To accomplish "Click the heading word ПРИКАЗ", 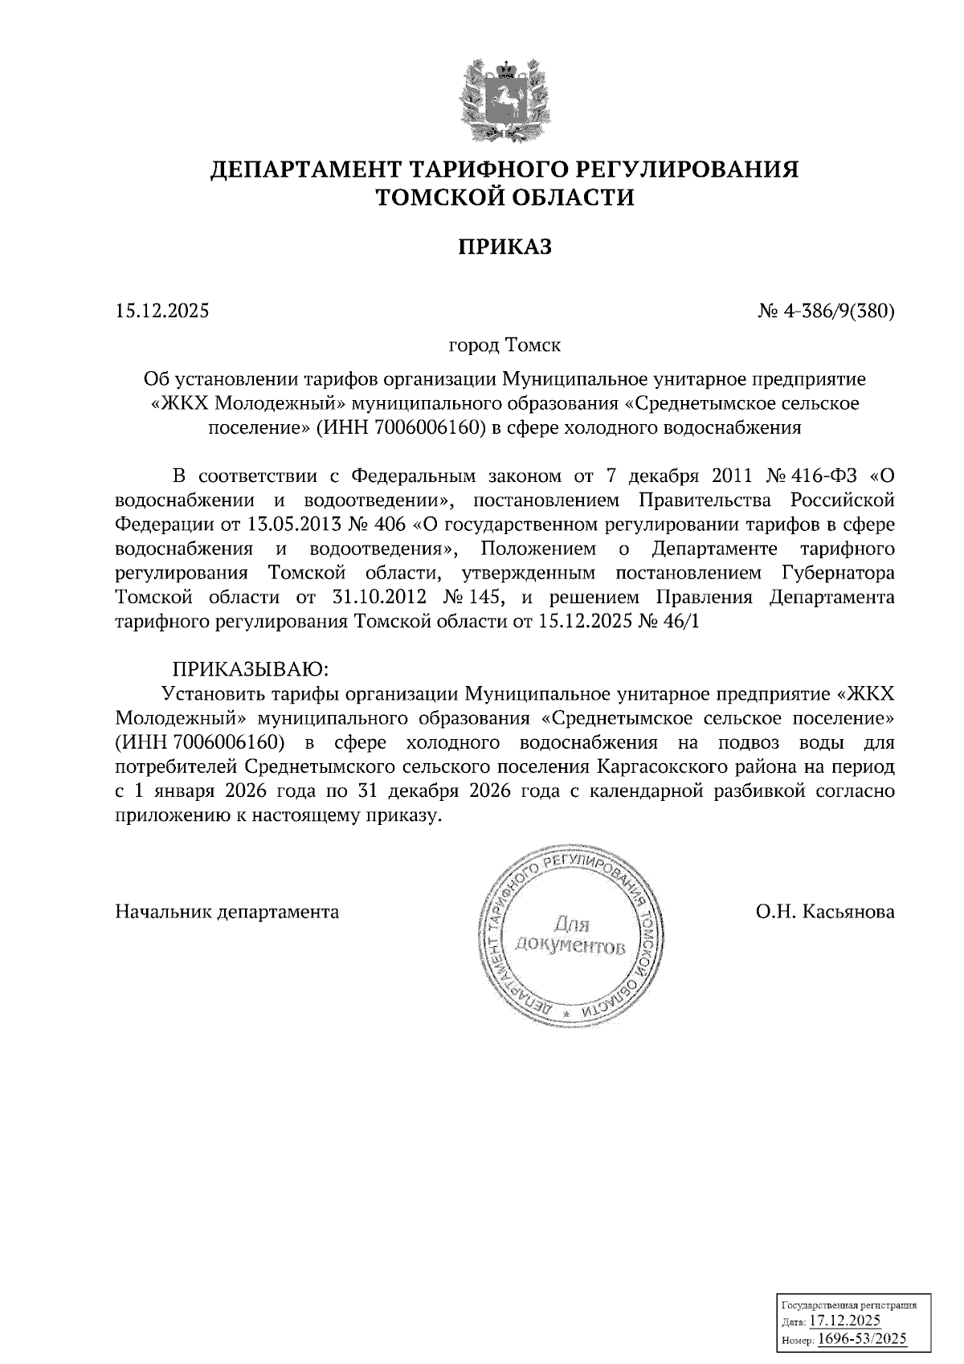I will click(504, 247).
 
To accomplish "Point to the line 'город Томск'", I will click(504, 345).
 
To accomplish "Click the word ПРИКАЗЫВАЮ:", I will click(250, 668).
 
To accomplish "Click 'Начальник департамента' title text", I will click(227, 912).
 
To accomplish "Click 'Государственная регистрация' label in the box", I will click(849, 1305).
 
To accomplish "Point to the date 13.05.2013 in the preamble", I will click(259, 525).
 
